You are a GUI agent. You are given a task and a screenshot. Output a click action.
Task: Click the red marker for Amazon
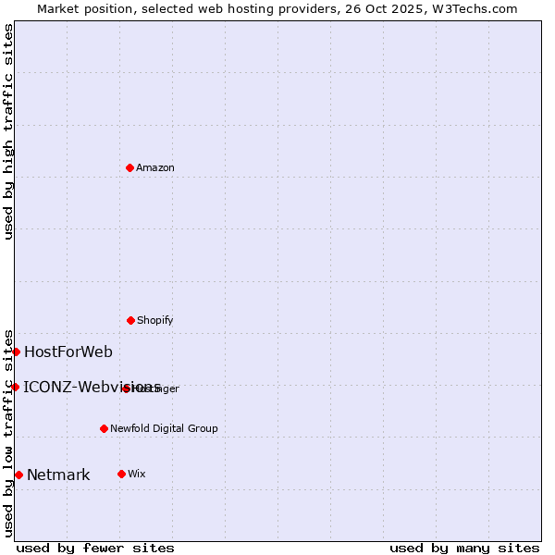click(130, 167)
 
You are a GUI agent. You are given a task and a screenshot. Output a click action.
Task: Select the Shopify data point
click(130, 320)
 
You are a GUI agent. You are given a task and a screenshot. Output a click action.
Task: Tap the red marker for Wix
click(121, 474)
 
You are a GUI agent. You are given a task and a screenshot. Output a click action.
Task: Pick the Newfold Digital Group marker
click(104, 428)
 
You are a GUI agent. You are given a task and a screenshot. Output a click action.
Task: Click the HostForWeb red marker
click(16, 351)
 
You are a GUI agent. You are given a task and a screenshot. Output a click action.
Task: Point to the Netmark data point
click(18, 475)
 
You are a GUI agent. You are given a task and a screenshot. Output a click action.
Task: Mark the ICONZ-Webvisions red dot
click(15, 387)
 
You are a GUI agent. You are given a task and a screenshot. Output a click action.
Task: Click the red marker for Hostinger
click(126, 388)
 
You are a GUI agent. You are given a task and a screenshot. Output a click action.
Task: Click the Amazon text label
click(155, 167)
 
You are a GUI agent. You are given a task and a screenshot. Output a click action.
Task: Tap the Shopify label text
click(155, 320)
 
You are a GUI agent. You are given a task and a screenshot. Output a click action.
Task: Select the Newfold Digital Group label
click(164, 428)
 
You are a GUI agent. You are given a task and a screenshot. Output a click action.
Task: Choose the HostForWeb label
click(68, 351)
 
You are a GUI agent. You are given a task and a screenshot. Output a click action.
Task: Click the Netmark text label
click(58, 475)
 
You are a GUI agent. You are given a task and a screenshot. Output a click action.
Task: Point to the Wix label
click(136, 474)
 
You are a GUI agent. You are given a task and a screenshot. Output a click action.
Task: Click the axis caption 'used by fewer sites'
click(95, 548)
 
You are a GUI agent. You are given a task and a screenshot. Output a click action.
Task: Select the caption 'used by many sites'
click(464, 548)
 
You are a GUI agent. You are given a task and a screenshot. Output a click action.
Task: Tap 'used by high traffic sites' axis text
click(8, 131)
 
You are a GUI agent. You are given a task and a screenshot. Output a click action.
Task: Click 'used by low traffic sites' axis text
click(8, 432)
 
